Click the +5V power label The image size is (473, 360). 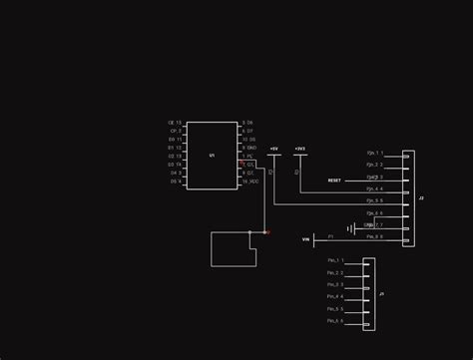pos(273,148)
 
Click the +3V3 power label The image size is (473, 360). pos(299,148)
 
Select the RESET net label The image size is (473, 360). pos(334,180)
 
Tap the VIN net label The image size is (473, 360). pos(305,239)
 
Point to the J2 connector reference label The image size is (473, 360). pos(421,198)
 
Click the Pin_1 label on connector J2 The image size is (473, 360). pos(373,153)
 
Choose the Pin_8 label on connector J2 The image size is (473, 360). pos(373,237)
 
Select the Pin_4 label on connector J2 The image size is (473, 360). pos(373,188)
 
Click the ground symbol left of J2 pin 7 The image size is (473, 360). pos(349,228)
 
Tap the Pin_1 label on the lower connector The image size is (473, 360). pos(334,260)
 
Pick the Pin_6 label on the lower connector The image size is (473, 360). pos(334,321)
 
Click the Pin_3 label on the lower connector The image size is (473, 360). pos(334,284)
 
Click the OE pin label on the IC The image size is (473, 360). pos(175,122)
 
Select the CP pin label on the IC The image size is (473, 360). pos(175,131)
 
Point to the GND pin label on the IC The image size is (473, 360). pos(249,148)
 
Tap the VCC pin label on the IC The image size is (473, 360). pos(249,181)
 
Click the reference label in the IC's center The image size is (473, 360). pos(212,156)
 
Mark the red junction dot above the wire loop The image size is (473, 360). pos(266,232)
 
